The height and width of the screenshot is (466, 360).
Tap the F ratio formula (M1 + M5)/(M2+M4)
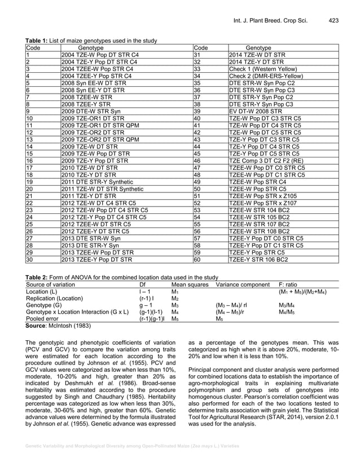(303, 292)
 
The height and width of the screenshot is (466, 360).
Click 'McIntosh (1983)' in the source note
(69, 326)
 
